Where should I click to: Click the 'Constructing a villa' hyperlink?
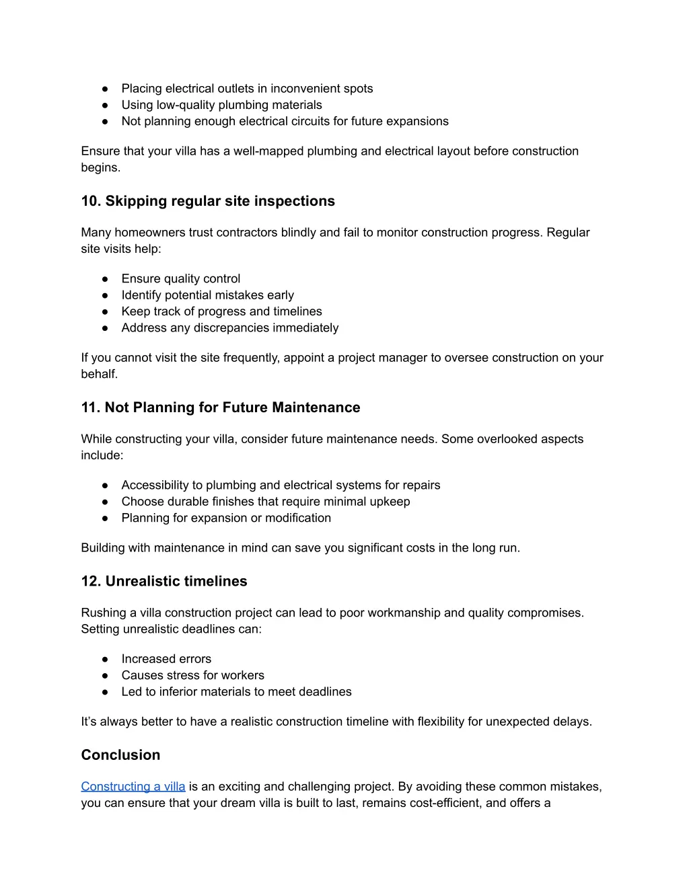click(133, 786)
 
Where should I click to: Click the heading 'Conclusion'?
click(120, 754)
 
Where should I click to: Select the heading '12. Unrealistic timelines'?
click(164, 581)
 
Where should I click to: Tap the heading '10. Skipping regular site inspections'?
click(208, 201)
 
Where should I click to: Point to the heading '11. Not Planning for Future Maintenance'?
click(221, 408)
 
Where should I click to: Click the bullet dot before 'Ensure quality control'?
click(106, 279)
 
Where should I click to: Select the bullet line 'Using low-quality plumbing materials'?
click(221, 105)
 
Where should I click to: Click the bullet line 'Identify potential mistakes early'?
click(207, 295)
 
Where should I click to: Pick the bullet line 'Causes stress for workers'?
click(192, 675)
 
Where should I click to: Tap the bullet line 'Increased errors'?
click(166, 659)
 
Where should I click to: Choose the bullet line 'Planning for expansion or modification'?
click(226, 518)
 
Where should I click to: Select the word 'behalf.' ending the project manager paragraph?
click(100, 374)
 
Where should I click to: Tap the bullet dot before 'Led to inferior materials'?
click(106, 692)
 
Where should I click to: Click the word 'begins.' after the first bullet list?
click(101, 167)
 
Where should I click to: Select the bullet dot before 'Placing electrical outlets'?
click(106, 89)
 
